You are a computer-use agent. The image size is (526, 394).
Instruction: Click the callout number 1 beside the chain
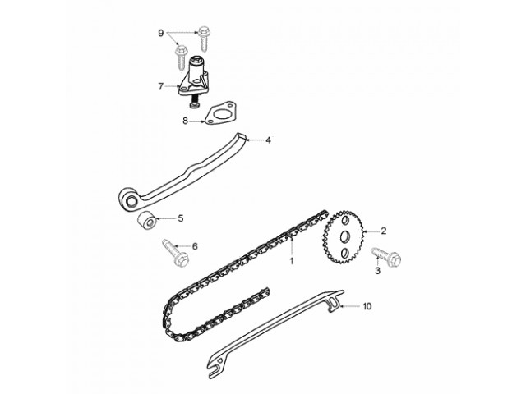290,261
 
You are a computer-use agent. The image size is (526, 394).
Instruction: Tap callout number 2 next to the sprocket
383,231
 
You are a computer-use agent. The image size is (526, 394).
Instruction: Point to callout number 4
268,140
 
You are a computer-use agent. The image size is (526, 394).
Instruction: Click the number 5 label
181,219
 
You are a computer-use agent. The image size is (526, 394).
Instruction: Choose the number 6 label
195,245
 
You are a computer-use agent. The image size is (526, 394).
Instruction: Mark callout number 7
161,85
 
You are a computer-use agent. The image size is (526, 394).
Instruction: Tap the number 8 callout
186,121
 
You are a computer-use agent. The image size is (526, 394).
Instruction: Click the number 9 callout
161,32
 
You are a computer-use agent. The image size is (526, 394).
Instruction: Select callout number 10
367,306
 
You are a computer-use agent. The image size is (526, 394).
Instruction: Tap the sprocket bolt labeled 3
387,256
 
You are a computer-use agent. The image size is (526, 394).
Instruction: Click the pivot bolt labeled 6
175,250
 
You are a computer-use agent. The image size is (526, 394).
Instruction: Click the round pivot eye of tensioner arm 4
131,200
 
